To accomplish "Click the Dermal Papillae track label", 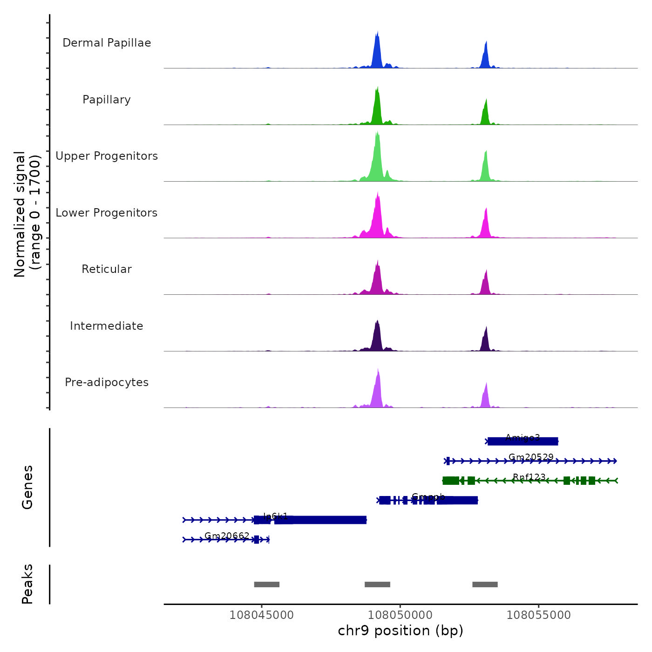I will click(x=107, y=43).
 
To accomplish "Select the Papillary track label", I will click(x=107, y=100).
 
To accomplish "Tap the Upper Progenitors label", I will click(x=107, y=156).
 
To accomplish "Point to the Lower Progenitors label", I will click(x=107, y=213).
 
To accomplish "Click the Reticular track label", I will click(x=107, y=269).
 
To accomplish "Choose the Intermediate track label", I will click(x=107, y=326).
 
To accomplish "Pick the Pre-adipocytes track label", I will click(x=107, y=382).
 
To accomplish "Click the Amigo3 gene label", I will click(x=523, y=438).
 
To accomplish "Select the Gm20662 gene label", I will click(x=227, y=536).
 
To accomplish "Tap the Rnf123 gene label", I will click(x=529, y=477).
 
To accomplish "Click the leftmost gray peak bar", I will click(x=266, y=584).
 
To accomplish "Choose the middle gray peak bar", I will click(x=377, y=584).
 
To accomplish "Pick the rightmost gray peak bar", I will click(x=485, y=584).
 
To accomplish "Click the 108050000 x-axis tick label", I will click(x=400, y=615).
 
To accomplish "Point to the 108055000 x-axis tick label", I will click(x=538, y=615).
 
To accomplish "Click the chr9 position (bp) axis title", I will click(x=401, y=631).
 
